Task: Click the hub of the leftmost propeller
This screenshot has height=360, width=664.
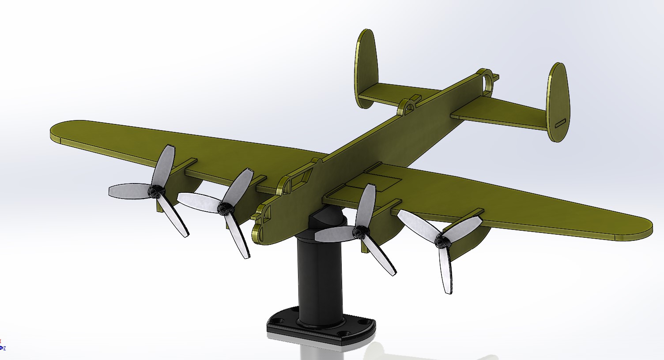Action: coord(155,192)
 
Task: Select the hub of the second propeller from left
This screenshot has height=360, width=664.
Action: coord(226,207)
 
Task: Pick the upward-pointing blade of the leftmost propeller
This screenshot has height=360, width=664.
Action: coord(164,165)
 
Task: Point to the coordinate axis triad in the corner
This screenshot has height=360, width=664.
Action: coord(3,345)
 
